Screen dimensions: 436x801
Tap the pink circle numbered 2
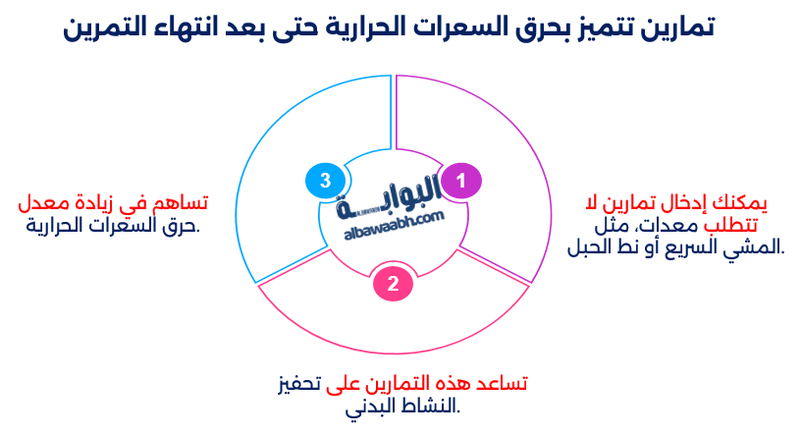click(393, 285)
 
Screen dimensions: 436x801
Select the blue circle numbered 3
click(325, 181)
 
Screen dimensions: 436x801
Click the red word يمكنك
click(742, 204)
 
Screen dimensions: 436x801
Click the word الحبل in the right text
click(589, 247)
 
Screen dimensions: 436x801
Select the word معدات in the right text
click(647, 226)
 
